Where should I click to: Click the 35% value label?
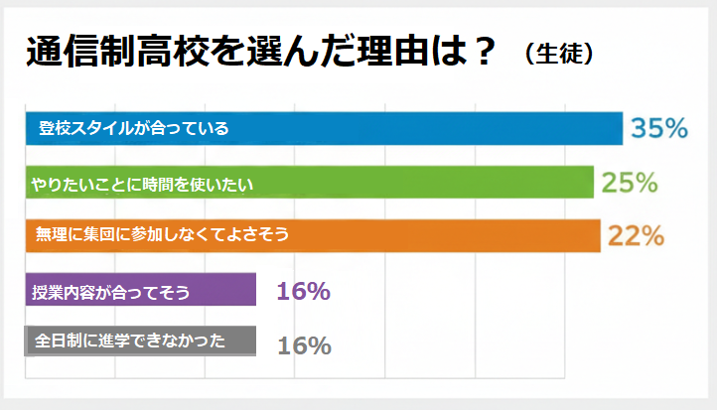click(x=659, y=128)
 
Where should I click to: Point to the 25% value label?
click(x=629, y=183)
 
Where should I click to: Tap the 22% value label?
click(x=636, y=235)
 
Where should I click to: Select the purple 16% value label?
click(x=303, y=291)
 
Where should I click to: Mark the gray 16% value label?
click(x=303, y=344)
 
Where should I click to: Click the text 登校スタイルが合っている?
click(x=133, y=129)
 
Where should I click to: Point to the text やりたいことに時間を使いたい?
click(x=143, y=183)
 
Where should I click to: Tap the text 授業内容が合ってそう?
click(x=110, y=291)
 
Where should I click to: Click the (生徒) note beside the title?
click(x=560, y=54)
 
